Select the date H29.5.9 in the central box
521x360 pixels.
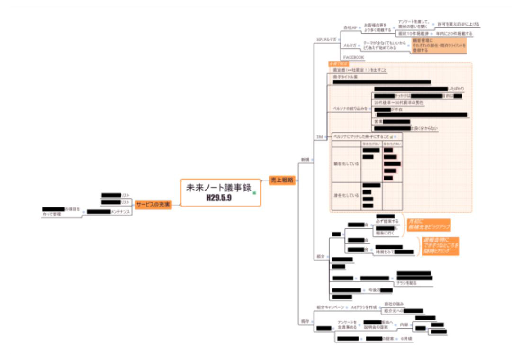[218, 198]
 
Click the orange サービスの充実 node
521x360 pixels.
[153, 205]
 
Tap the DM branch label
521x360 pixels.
[319, 137]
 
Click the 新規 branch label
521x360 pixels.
[305, 160]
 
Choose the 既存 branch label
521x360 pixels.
[305, 321]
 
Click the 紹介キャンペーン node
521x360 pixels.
[330, 307]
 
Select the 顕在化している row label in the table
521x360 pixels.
[346, 163]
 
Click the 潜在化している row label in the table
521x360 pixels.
[346, 195]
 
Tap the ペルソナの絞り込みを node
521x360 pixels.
[351, 108]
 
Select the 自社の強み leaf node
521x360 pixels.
[393, 303]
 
